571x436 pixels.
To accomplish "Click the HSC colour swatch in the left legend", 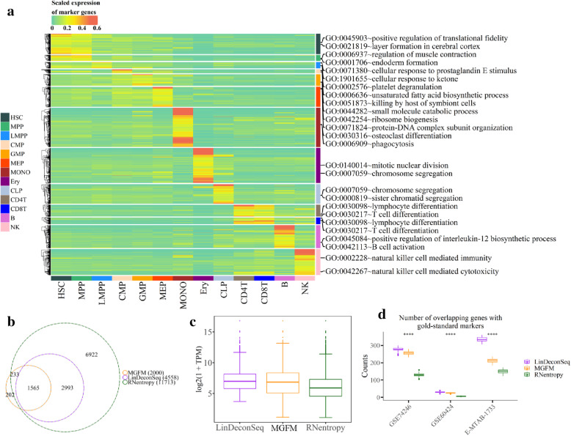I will coord(6,117).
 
